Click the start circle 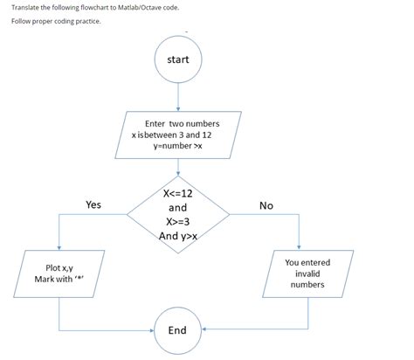pos(177,59)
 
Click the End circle pos(177,329)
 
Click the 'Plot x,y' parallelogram pos(59,273)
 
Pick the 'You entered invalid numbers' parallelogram pos(307,273)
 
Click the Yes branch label pos(93,204)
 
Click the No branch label pos(266,205)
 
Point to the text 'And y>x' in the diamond pos(178,236)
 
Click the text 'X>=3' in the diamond pos(177,222)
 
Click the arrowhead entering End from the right pos(204,330)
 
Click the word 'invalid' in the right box pos(307,273)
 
